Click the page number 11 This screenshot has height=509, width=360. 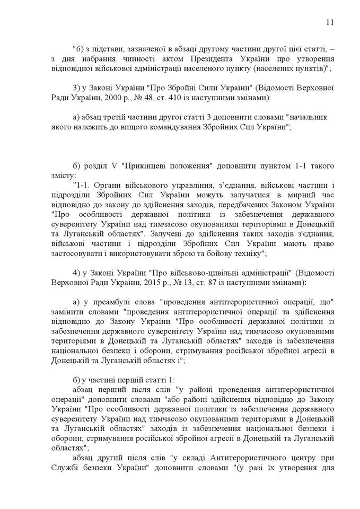click(x=329, y=22)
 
